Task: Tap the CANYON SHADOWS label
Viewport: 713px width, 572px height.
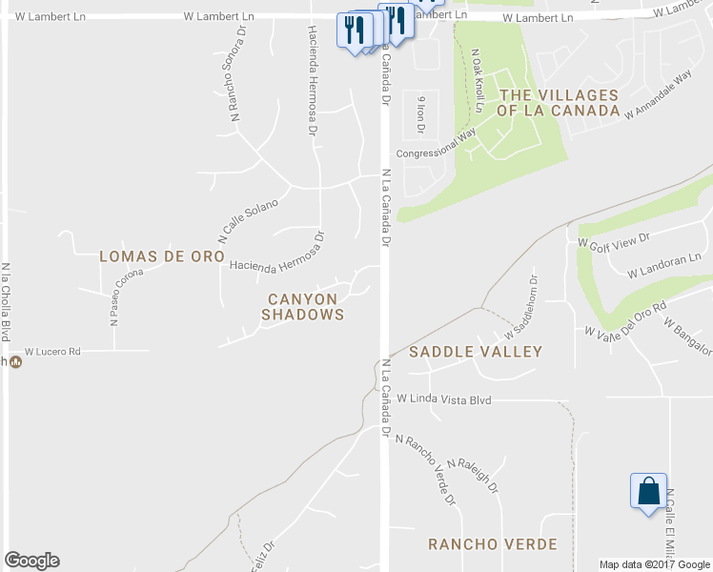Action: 302,306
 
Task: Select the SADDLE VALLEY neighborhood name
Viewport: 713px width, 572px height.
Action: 476,352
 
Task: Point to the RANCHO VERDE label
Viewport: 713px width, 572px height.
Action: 492,544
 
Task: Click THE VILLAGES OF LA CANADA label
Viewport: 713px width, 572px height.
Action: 559,103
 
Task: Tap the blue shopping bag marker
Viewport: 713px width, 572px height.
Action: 648,492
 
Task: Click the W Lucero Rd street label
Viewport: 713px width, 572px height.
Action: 52,352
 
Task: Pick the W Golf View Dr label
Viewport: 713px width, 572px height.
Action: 613,241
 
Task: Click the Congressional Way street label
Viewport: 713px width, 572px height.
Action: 436,147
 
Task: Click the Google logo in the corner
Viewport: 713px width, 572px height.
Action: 31,561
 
